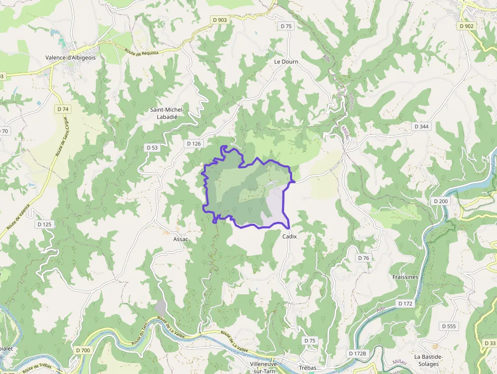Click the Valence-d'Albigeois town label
[70, 58]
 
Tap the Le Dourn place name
[286, 61]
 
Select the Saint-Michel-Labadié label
[167, 113]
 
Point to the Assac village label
[181, 239]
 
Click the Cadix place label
[289, 236]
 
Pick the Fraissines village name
[405, 277]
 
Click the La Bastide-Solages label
[428, 360]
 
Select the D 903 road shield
[220, 20]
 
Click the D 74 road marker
[63, 109]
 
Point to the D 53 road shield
[152, 148]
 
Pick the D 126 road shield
[194, 144]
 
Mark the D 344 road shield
[421, 126]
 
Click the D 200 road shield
[441, 201]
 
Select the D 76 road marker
[363, 258]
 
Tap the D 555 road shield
[449, 326]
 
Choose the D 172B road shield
[357, 353]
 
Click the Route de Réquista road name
[141, 51]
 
